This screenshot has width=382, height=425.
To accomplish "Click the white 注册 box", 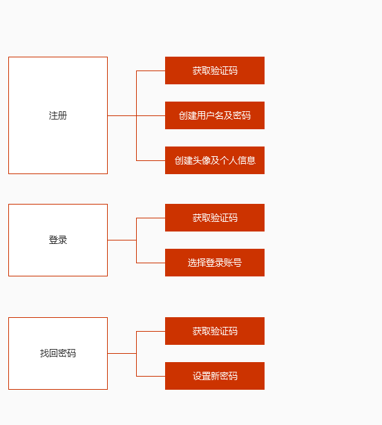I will pyautogui.click(x=58, y=115).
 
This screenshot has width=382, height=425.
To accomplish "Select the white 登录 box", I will pyautogui.click(x=58, y=240).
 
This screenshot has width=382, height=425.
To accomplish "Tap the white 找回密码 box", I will pyautogui.click(x=58, y=353).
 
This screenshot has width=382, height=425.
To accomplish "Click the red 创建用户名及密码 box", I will pyautogui.click(x=215, y=115).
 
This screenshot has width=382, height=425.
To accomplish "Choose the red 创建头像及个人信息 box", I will pyautogui.click(x=215, y=160).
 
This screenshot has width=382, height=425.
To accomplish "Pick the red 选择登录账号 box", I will pyautogui.click(x=215, y=263).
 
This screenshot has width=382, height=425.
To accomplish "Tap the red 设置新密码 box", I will pyautogui.click(x=215, y=376).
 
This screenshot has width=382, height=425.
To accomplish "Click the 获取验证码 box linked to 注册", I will pyautogui.click(x=215, y=70).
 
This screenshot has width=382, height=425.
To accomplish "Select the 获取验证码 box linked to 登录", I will pyautogui.click(x=215, y=218).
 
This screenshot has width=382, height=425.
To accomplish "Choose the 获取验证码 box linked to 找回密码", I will pyautogui.click(x=215, y=331).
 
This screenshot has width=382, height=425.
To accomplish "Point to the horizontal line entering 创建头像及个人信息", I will pyautogui.click(x=151, y=160).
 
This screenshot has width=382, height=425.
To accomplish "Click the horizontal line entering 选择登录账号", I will pyautogui.click(x=151, y=263).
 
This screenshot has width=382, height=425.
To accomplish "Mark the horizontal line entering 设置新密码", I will pyautogui.click(x=151, y=376).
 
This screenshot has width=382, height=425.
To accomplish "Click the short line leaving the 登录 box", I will pyautogui.click(x=122, y=240).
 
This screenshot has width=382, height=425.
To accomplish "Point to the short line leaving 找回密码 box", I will pyautogui.click(x=122, y=353).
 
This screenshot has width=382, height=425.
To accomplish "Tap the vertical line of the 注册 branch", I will pyautogui.click(x=136, y=93).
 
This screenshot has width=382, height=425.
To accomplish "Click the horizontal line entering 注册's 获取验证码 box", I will pyautogui.click(x=151, y=70).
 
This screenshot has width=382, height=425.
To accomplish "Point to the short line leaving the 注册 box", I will pyautogui.click(x=122, y=115).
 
